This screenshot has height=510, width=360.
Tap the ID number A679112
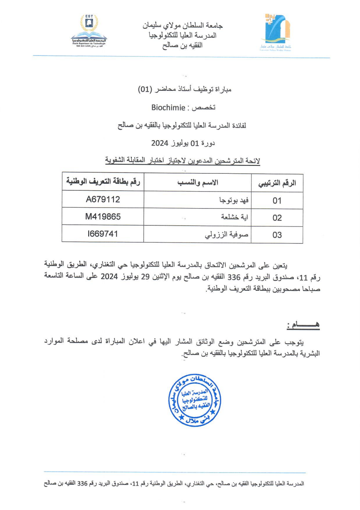point(103,199)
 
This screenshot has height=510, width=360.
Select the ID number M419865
point(103,216)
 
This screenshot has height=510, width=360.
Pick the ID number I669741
point(103,234)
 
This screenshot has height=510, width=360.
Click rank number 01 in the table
point(277,201)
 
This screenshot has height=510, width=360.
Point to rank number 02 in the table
point(277,218)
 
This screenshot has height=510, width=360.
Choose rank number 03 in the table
point(277,235)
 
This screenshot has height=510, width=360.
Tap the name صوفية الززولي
point(227,235)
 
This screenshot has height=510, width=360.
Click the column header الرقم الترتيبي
point(277,183)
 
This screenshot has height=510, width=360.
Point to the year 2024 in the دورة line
point(159,143)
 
